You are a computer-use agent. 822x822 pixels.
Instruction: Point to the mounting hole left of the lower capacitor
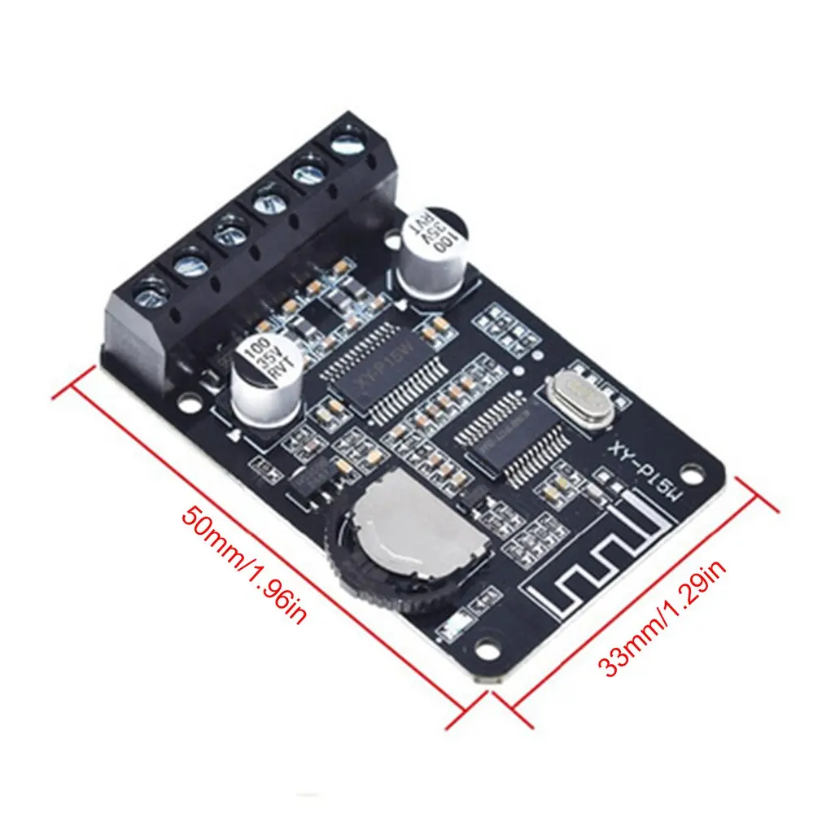coord(189,401)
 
